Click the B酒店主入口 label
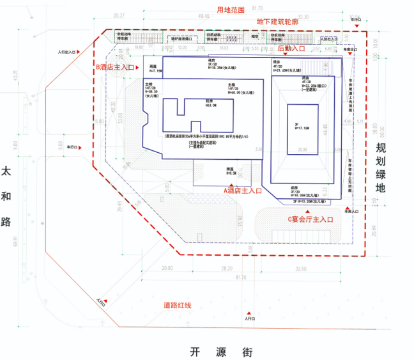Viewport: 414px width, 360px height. coord(115,67)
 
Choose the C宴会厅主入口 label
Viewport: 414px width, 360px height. coord(311,219)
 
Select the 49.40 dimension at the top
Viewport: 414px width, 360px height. coord(204,15)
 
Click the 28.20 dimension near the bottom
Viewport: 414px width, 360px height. coord(226,268)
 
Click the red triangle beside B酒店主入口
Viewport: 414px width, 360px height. coord(138,67)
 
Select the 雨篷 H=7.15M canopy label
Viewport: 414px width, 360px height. coord(153,68)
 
